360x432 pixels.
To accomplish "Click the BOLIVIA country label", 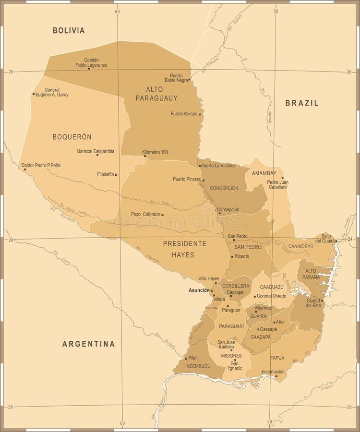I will tap(69, 30).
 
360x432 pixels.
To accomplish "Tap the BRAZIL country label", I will tap(302, 103).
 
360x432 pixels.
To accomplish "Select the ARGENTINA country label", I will tap(89, 344).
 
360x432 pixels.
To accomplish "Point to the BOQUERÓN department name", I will tap(72, 136).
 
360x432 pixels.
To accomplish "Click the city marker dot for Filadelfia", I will tap(116, 175).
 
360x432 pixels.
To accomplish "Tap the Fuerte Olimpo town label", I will tap(184, 114).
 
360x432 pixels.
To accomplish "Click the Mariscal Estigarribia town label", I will tap(95, 151).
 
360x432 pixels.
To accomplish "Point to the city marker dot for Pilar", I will tap(186, 358).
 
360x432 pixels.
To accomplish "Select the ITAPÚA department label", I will tap(277, 358).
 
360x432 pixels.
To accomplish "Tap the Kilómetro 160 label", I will tap(155, 152).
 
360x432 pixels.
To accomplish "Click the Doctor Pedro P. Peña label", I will tap(41, 165).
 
